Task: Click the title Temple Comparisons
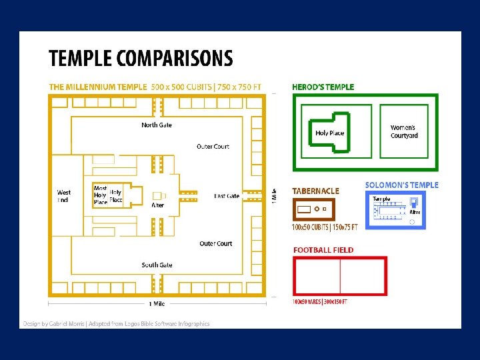141,59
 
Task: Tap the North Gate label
157,125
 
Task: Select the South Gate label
157,265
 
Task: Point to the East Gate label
227,196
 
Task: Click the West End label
63,196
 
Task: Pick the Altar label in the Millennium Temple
158,205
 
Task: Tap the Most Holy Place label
100,195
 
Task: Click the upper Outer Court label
213,146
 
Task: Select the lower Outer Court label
215,243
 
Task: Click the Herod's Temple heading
323,87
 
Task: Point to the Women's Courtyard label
404,131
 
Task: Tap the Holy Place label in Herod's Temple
329,133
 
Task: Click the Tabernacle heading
315,191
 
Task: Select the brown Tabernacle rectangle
313,209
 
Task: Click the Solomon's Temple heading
401,185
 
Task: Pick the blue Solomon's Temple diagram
396,209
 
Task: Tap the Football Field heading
323,250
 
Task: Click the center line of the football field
340,275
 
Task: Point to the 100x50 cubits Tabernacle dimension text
325,227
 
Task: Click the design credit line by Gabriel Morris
116,323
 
